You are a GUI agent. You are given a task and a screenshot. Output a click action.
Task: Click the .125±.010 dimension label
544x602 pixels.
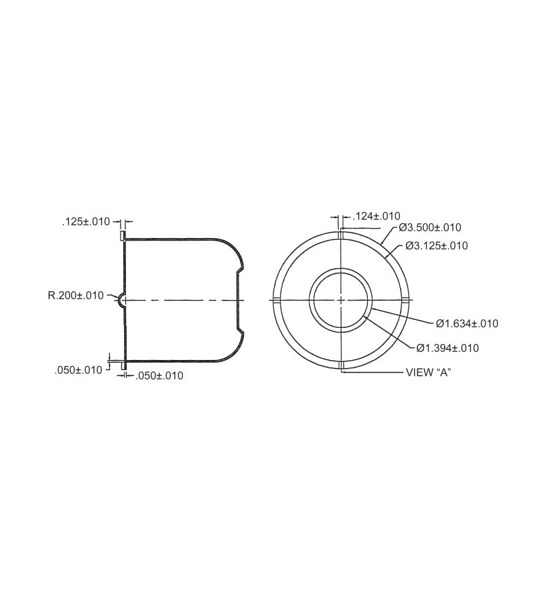tap(85, 221)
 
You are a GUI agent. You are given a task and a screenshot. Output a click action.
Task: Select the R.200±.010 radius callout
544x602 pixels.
tap(76, 295)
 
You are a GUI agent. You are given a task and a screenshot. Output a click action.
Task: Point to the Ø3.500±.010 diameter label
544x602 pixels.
tap(430, 227)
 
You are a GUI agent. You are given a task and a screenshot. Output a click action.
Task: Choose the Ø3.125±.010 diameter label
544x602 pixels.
tap(436, 246)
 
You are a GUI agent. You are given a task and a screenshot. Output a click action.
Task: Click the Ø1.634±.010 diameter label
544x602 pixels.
tap(467, 324)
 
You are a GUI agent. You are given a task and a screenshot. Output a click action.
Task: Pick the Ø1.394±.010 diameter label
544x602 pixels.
tap(447, 348)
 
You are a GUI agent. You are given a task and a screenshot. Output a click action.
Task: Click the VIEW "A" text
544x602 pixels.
tap(429, 373)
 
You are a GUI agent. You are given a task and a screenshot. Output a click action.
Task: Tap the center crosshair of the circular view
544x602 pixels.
tap(341, 300)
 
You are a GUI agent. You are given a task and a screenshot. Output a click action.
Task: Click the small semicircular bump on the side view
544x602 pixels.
tap(121, 300)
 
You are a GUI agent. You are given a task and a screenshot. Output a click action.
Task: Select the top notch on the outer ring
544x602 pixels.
tap(341, 235)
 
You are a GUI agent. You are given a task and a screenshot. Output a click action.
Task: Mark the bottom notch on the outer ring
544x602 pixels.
tap(341, 365)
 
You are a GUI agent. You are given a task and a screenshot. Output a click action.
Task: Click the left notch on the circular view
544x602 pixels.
tap(275, 300)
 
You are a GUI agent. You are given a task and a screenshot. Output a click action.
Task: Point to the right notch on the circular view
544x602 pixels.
tap(405, 300)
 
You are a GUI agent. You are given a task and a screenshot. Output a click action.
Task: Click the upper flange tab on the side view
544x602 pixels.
tap(122, 235)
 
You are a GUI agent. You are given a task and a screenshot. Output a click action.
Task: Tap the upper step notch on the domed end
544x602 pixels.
tap(239, 269)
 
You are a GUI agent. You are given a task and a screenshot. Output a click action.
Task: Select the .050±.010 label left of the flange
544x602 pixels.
tap(78, 370)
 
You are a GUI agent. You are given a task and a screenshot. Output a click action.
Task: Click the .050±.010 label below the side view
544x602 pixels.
tap(159, 376)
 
